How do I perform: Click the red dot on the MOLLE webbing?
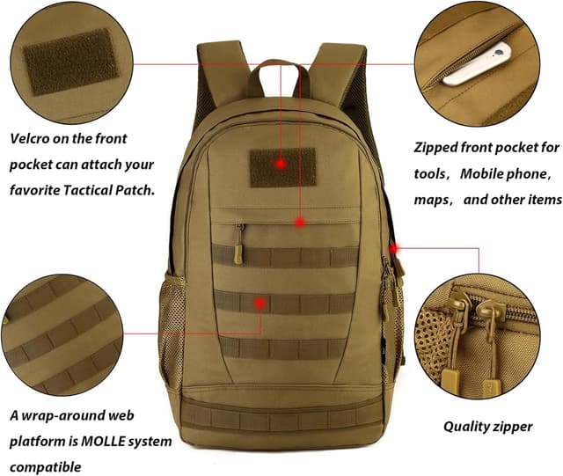(x=260, y=303)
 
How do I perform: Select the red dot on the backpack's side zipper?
(x=393, y=249)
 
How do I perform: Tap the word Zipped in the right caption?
(x=441, y=147)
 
